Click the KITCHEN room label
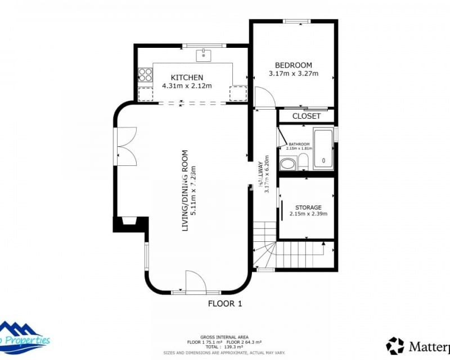coord(187,78)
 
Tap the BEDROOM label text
coord(293,65)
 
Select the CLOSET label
coord(307,116)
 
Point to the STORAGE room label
coord(308,208)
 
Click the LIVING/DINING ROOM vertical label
coord(184,191)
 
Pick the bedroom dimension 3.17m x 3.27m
coord(293,74)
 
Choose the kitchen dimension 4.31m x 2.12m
coord(187,86)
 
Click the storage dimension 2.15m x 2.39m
coord(308,214)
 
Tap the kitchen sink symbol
coord(203,55)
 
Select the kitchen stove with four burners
coord(145,75)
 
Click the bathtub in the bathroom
coord(323,149)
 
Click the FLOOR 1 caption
coord(225,304)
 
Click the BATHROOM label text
coord(299,144)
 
